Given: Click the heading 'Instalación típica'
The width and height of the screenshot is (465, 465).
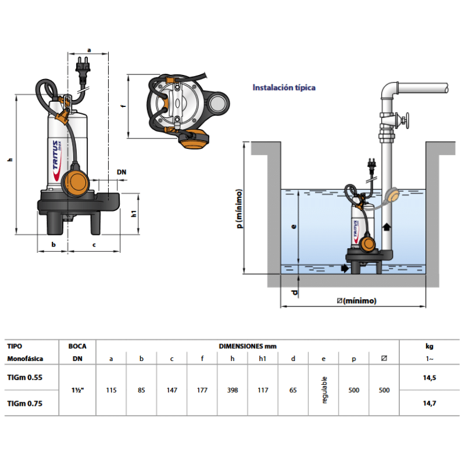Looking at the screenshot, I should click(x=284, y=88).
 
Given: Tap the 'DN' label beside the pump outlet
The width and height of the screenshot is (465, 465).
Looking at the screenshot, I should click(x=121, y=172).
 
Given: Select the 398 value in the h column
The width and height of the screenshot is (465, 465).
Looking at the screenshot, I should click(x=232, y=390).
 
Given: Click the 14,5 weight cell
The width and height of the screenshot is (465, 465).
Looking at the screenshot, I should click(x=429, y=377).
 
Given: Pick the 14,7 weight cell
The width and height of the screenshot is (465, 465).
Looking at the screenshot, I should click(x=429, y=403).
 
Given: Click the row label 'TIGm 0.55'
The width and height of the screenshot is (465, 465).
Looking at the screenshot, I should click(x=24, y=377).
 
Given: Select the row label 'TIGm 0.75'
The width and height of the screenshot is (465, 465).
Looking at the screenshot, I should click(x=24, y=403).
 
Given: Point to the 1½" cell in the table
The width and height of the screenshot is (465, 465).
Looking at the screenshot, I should click(x=77, y=390).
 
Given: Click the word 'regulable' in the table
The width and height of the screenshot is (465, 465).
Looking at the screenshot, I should click(x=324, y=390).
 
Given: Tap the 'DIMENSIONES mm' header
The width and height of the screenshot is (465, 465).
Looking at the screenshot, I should click(x=248, y=346).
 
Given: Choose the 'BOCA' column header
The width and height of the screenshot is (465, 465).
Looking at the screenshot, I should click(x=77, y=346).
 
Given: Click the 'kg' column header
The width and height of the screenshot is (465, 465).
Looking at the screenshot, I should click(x=429, y=346).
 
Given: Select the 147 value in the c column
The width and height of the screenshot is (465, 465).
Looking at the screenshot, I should click(x=171, y=390).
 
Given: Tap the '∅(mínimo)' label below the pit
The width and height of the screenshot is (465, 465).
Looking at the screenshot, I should click(x=356, y=301).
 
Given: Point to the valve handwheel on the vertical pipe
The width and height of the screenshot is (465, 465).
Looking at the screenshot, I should click(x=407, y=122).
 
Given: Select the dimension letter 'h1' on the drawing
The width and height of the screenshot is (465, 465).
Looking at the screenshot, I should click(x=133, y=213).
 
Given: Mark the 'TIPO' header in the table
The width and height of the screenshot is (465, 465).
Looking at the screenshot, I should click(x=16, y=346).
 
